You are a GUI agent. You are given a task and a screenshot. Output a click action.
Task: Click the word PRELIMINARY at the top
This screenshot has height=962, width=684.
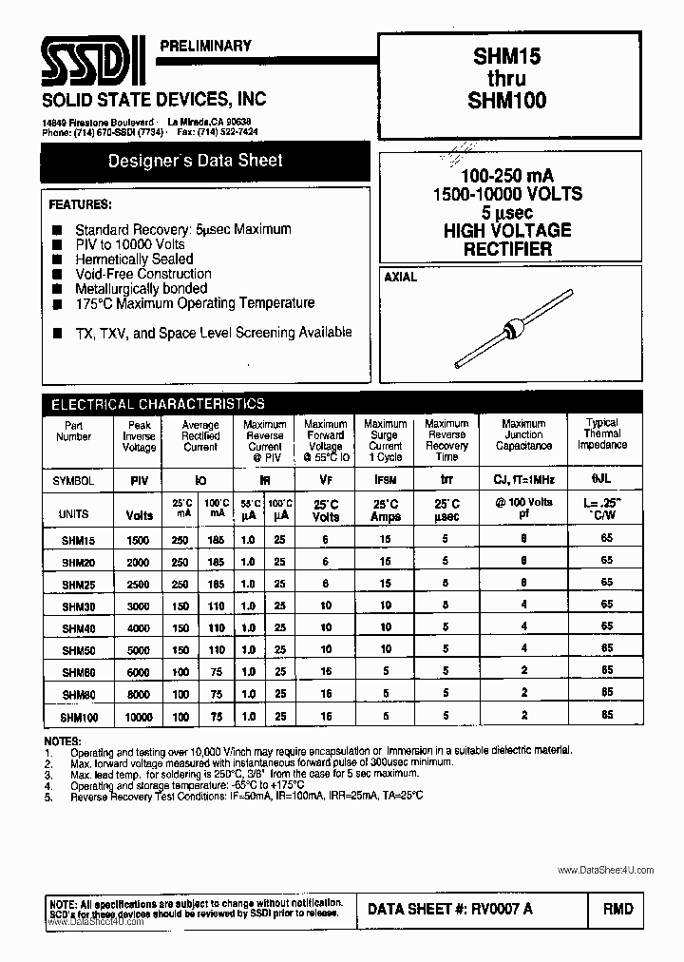click(206, 45)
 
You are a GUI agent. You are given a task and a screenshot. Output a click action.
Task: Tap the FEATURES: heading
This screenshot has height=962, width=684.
click(80, 204)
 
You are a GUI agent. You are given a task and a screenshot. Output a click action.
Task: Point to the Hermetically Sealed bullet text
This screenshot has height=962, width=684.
click(134, 259)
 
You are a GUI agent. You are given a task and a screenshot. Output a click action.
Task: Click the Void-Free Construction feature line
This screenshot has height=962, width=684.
click(143, 274)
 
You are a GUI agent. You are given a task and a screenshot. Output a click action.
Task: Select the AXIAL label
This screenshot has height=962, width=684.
click(400, 279)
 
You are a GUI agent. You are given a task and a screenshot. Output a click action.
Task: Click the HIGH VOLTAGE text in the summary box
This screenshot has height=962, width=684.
click(507, 230)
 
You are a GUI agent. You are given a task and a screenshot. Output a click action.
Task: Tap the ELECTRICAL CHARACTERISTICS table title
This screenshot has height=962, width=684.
click(158, 403)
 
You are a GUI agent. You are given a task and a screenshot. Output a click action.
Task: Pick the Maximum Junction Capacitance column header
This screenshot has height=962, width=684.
click(522, 434)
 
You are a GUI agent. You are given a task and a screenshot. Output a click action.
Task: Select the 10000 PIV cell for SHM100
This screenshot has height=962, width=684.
click(139, 717)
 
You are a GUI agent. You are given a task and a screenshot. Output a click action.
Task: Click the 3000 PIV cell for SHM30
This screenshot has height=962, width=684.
click(139, 606)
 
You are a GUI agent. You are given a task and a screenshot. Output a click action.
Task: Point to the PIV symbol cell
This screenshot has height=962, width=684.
click(139, 481)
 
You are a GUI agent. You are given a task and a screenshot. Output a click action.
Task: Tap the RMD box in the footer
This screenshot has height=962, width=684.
click(617, 909)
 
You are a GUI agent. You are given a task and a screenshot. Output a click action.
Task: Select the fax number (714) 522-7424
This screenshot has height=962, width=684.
click(234, 131)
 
